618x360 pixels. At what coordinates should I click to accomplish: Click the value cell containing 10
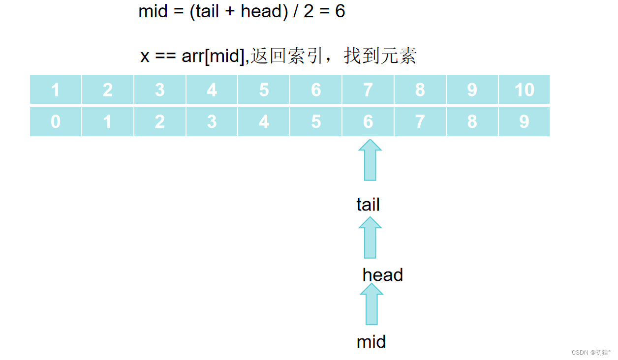524,90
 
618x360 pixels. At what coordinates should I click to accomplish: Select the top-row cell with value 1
56,90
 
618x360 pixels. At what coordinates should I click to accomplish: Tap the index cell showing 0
56,121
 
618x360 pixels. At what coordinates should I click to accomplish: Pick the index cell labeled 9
524,121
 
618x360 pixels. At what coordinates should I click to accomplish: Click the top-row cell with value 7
368,90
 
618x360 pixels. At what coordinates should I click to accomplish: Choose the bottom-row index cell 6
368,121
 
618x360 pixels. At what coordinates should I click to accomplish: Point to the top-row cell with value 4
212,90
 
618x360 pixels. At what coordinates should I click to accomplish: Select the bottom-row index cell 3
212,121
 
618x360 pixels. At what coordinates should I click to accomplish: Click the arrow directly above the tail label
370,160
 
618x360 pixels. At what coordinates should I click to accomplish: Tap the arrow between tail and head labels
370,238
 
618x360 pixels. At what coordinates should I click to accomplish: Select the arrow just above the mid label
371,304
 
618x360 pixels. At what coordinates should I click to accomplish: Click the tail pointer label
368,205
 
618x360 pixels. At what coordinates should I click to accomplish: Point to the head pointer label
382,275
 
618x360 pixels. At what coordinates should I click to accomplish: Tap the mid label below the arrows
371,342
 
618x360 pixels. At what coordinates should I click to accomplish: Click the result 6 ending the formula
340,11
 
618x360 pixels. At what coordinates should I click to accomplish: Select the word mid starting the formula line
153,11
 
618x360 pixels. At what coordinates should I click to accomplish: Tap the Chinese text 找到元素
380,56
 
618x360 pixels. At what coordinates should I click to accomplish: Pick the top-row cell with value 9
472,90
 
